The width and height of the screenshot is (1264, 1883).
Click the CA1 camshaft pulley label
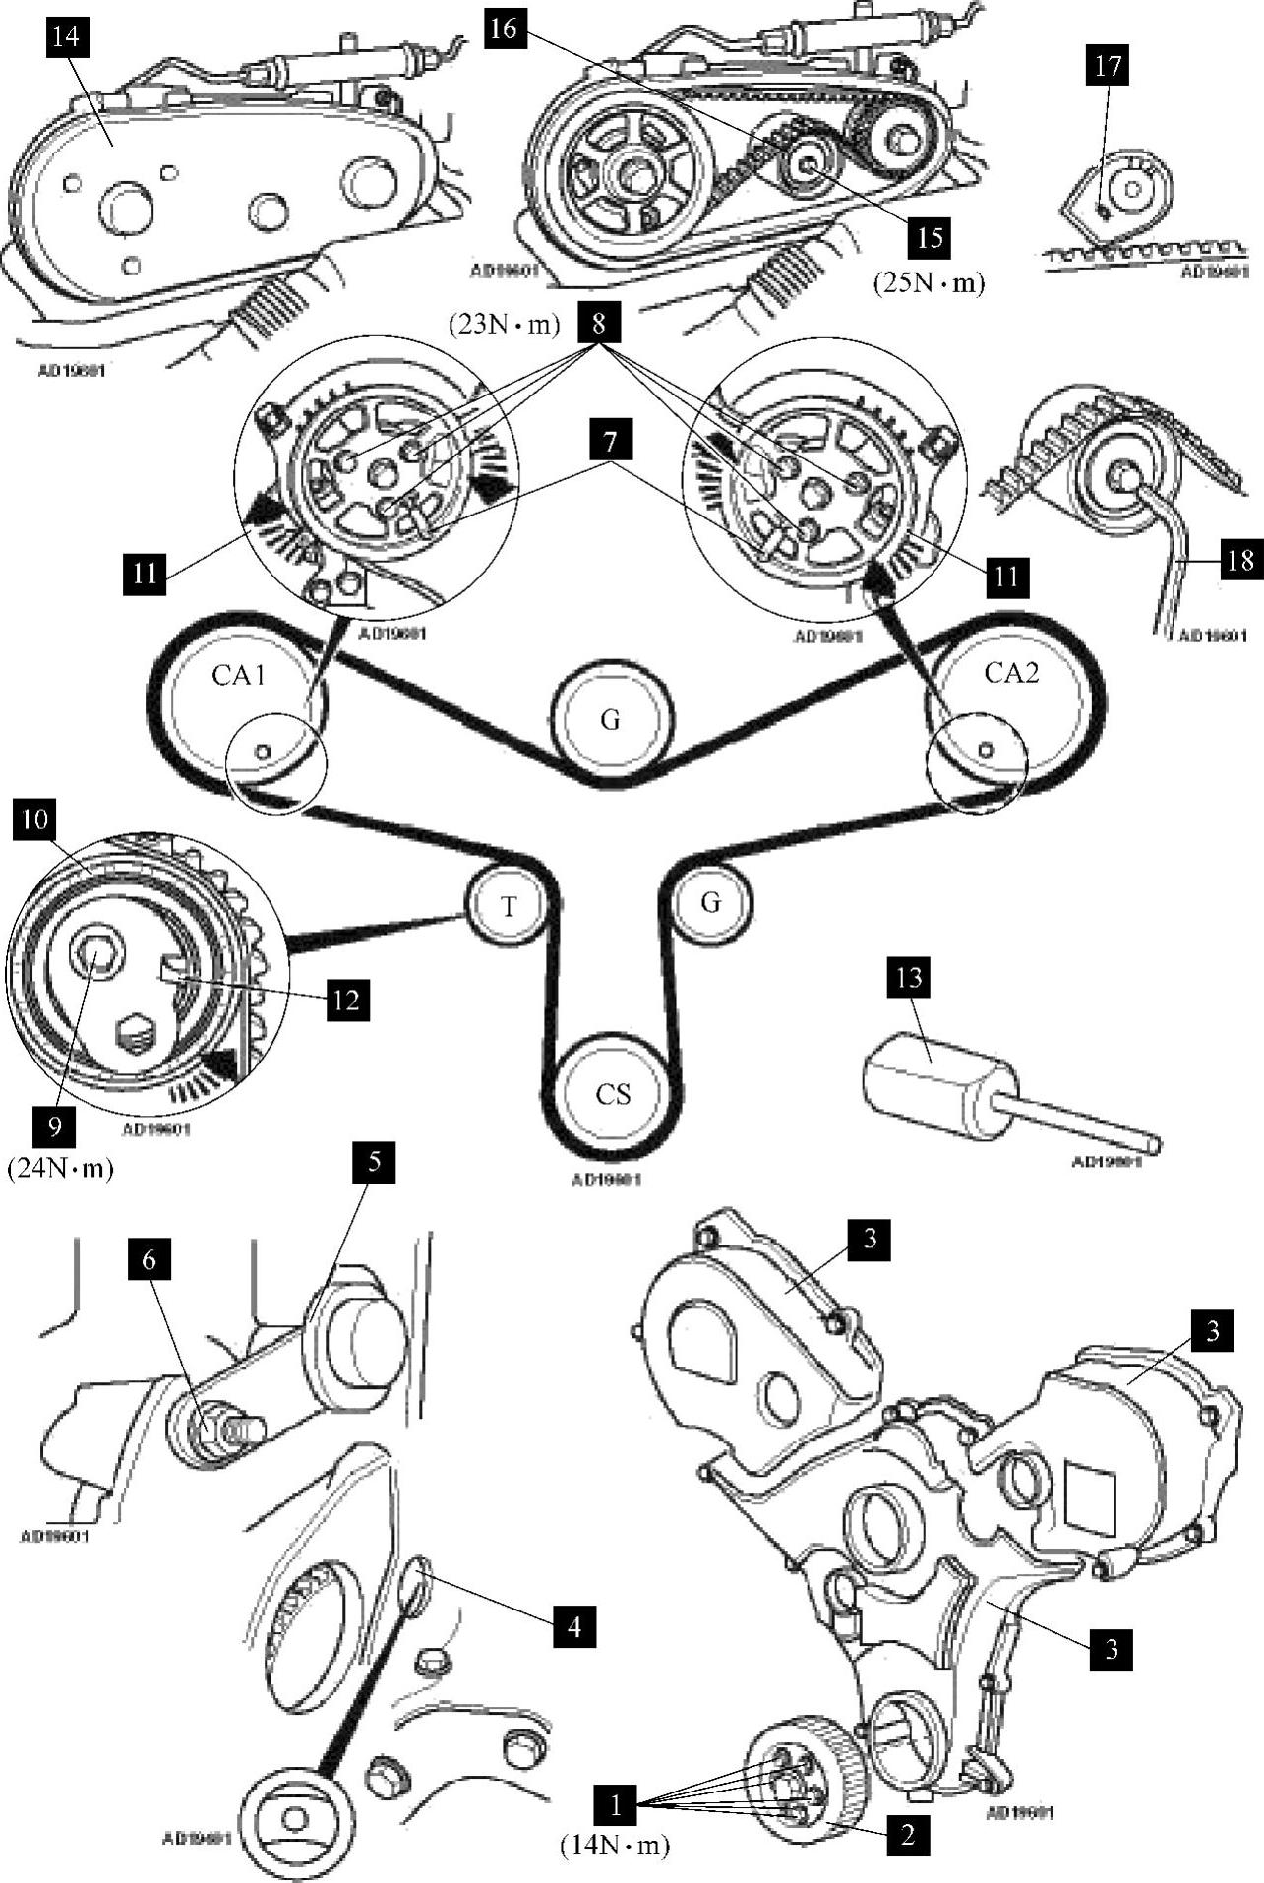239,675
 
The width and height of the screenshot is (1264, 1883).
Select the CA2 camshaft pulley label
1011,673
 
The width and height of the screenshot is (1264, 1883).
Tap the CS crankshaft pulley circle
612,1094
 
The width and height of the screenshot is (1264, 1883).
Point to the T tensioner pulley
508,905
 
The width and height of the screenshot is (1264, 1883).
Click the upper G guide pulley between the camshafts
610,720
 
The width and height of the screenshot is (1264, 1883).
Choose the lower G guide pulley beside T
711,901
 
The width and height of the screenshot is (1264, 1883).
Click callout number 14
67,38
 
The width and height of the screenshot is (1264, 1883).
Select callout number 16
502,29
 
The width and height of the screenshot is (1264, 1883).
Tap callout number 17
1108,66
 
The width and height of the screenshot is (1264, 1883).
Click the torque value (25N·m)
929,282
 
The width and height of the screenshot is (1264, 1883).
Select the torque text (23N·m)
504,324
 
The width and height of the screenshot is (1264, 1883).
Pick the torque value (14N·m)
615,1847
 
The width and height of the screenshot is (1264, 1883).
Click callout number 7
611,441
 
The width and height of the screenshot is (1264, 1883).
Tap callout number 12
346,1000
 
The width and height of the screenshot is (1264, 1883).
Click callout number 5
374,1162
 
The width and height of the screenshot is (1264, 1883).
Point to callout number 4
574,1626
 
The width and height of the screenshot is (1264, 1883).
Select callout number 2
908,1834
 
